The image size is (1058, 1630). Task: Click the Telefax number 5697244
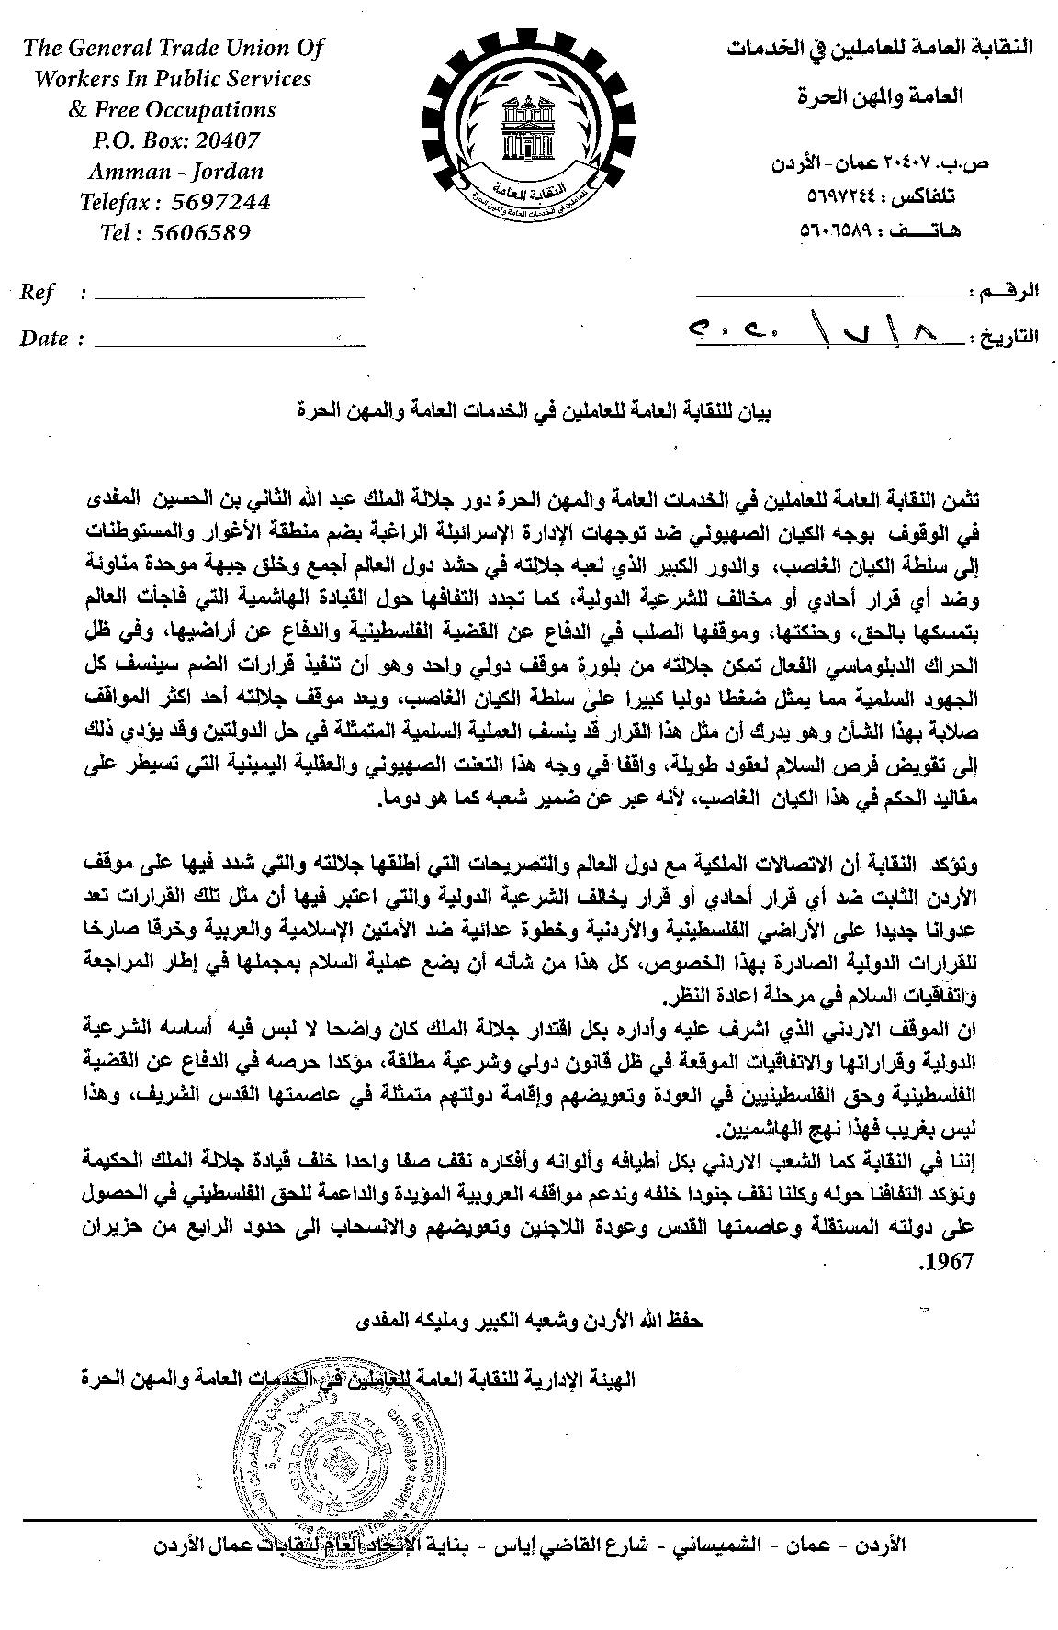pos(222,202)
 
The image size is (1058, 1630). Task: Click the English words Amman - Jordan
pos(175,172)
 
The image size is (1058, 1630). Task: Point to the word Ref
pos(38,293)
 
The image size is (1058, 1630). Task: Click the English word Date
pos(44,339)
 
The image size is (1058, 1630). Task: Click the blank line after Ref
pos(229,296)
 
